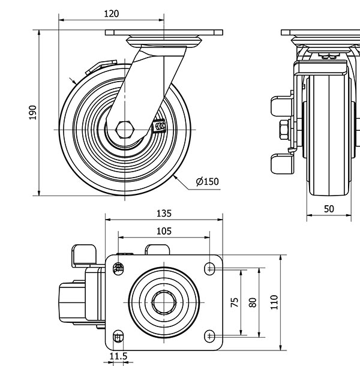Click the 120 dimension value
click(111, 14)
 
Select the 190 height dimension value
click(33, 112)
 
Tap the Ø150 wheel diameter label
click(207, 181)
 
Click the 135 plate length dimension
click(164, 213)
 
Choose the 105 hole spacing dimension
click(164, 231)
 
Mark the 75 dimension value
click(235, 302)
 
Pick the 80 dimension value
click(253, 302)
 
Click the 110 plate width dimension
click(275, 302)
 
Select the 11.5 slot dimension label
click(118, 357)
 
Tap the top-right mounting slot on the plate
click(210, 269)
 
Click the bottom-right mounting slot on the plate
click(210, 334)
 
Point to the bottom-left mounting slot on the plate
click(118, 335)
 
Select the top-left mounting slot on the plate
click(118, 268)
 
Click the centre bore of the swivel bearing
click(164, 302)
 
